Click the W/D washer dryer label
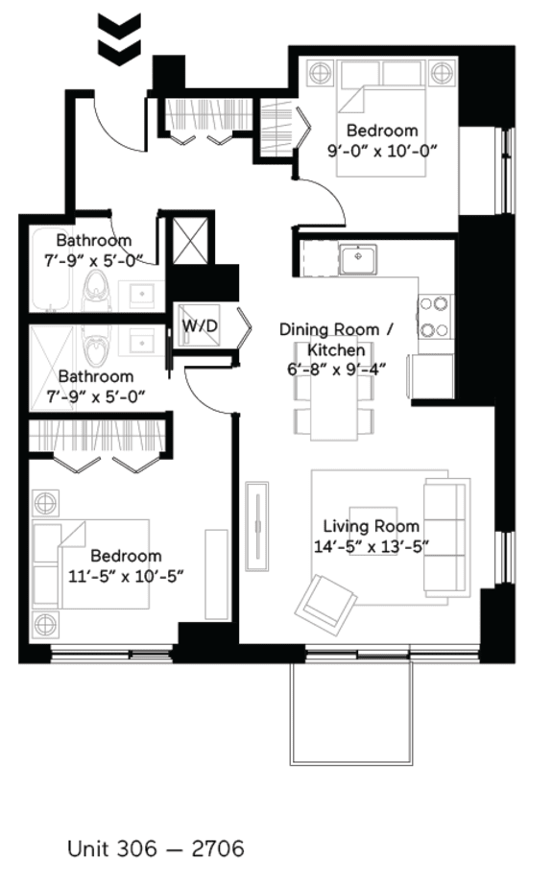pos(200,326)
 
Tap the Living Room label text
pos(371,526)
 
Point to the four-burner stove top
pos(433,318)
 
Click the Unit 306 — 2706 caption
pos(156,849)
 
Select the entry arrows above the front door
pos(119,38)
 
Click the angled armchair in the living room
pos(326,601)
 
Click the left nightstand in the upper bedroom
pos(320,73)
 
